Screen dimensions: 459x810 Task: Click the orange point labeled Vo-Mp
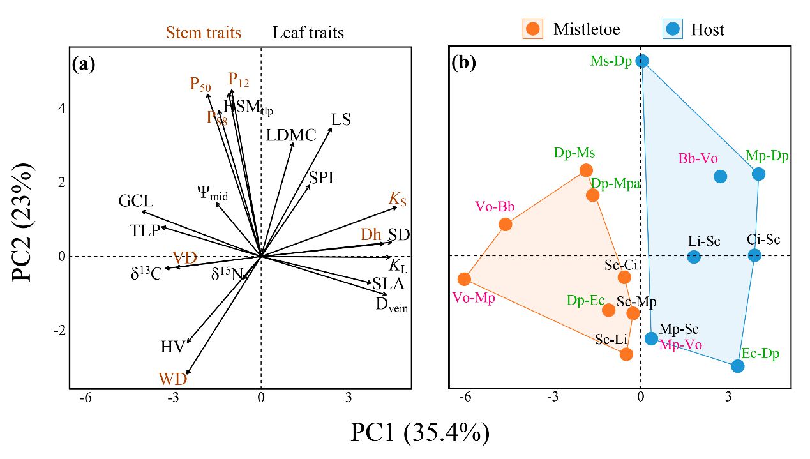pyautogui.click(x=464, y=279)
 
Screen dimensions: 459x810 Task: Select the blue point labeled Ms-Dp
pyautogui.click(x=642, y=61)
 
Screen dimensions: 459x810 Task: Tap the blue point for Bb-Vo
pyautogui.click(x=720, y=176)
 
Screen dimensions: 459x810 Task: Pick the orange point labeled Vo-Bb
pyautogui.click(x=505, y=224)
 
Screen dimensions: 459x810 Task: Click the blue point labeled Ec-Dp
pyautogui.click(x=737, y=366)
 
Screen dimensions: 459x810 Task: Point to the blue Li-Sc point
pyautogui.click(x=693, y=257)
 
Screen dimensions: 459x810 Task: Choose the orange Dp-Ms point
pyautogui.click(x=585, y=170)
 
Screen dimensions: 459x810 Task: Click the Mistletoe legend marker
pyautogui.click(x=532, y=29)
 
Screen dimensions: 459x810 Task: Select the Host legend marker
pyautogui.click(x=671, y=29)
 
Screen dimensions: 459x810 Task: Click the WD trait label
pyautogui.click(x=173, y=379)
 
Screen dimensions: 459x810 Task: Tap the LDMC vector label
pyautogui.click(x=291, y=135)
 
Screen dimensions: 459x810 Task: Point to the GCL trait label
pyautogui.click(x=135, y=202)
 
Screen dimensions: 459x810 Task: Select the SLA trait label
pyautogui.click(x=389, y=283)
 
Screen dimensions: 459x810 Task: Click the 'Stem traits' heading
pyautogui.click(x=204, y=33)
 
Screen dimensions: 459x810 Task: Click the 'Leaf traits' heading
pyautogui.click(x=308, y=33)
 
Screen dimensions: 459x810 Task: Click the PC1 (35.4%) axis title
pyautogui.click(x=419, y=433)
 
